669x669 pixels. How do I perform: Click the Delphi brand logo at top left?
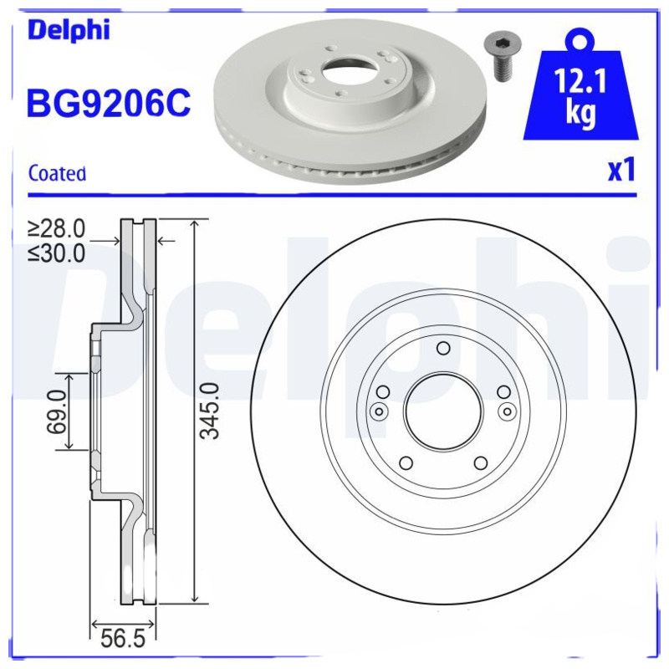[x=69, y=30]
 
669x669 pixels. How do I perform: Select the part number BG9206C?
[x=110, y=104]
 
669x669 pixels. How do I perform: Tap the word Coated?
[x=57, y=174]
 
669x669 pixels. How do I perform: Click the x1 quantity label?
[x=620, y=171]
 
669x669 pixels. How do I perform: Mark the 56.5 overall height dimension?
[x=122, y=641]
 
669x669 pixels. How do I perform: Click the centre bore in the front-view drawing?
[x=443, y=411]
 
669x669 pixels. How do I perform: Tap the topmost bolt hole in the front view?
[x=443, y=349]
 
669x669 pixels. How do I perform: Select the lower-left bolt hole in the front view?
[x=406, y=463]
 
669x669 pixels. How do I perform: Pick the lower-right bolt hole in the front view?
[x=480, y=463]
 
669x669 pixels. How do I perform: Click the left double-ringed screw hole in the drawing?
[x=378, y=411]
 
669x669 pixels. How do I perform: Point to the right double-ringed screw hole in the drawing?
[x=507, y=411]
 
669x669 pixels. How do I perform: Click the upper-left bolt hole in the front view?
[x=383, y=392]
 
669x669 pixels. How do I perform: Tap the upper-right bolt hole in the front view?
[x=503, y=392]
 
